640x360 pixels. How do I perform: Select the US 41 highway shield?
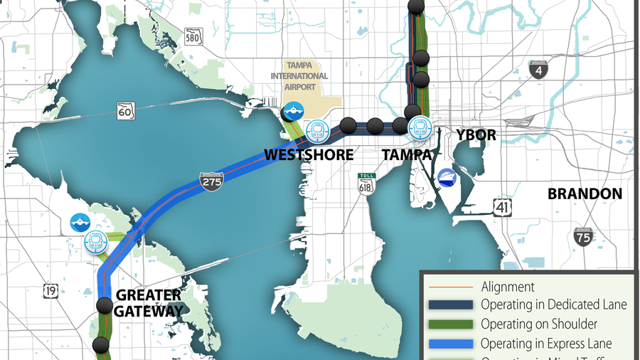tap(503, 207)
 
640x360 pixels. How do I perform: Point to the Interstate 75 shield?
tap(583, 236)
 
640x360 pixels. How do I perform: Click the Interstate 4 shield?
tap(538, 69)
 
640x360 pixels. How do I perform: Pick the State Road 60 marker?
tap(127, 110)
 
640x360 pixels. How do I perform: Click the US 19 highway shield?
tap(50, 290)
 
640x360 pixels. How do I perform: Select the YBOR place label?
tap(476, 134)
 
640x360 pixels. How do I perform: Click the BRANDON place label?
tap(585, 194)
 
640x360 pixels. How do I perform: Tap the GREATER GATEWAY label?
tap(148, 302)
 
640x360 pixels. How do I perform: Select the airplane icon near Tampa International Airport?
tap(293, 112)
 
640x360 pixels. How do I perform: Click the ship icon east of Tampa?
tap(447, 177)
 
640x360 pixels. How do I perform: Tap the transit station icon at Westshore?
tap(317, 130)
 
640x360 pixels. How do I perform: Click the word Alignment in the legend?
tap(508, 287)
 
